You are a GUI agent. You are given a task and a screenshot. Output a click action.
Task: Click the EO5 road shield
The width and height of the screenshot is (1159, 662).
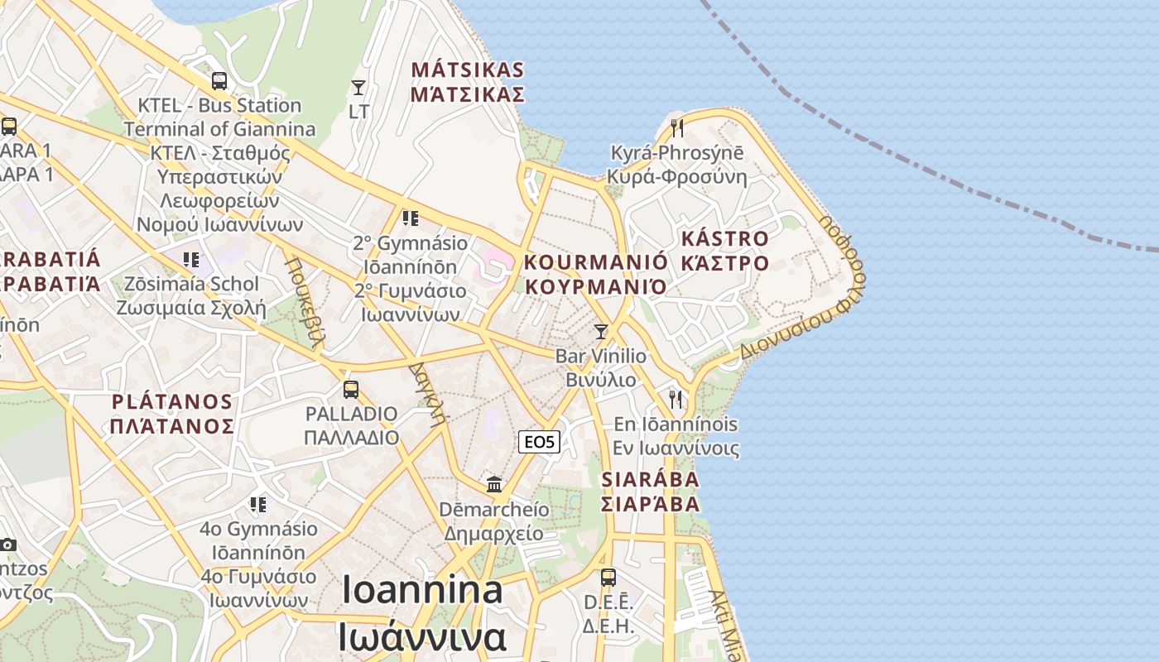540,442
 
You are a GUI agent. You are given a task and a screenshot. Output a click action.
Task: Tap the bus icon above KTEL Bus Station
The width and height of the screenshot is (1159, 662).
219,81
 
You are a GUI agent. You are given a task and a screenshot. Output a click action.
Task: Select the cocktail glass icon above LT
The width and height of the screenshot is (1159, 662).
358,87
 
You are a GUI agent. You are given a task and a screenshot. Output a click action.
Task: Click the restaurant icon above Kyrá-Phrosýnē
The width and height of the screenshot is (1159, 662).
676,127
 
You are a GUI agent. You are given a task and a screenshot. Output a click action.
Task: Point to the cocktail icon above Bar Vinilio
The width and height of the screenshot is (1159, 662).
601,331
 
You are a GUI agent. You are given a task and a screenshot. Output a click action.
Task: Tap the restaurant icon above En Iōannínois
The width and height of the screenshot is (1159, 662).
676,399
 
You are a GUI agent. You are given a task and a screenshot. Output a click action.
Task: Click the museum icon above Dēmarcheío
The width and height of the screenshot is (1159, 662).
494,484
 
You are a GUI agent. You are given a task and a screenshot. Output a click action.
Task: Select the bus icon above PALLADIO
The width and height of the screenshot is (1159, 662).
351,389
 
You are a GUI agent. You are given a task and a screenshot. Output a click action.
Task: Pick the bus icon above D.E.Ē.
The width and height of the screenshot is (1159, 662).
608,577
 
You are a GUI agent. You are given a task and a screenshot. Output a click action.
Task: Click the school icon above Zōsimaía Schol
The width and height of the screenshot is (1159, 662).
191,260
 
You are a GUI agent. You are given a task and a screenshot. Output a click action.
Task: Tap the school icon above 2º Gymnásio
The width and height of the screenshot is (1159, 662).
410,218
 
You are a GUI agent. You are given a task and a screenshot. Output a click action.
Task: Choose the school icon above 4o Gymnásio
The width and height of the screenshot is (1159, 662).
258,504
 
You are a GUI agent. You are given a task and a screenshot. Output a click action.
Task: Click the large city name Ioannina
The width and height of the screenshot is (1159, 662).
422,591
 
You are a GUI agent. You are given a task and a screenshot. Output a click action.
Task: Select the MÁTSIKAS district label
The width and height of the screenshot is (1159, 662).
468,70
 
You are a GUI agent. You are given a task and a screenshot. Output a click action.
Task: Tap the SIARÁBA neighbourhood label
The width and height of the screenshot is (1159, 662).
650,480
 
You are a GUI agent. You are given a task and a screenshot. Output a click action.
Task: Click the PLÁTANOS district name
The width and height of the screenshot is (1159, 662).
172,402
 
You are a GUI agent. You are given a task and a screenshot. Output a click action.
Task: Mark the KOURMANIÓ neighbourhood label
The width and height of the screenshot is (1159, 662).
595,263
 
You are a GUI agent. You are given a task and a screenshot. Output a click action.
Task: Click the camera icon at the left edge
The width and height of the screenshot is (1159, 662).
8,544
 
